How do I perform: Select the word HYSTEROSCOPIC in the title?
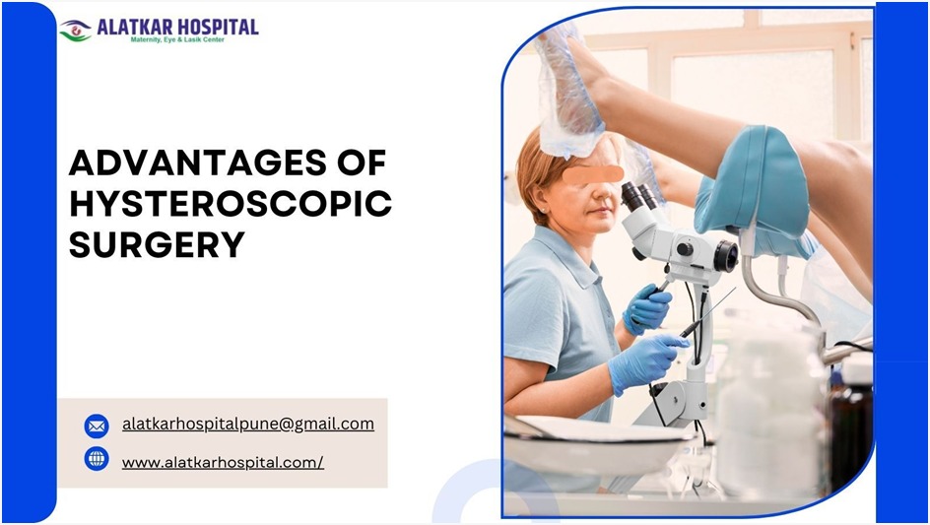[231, 204]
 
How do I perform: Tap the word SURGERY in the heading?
[157, 245]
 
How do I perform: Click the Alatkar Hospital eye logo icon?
[75, 31]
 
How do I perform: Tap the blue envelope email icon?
[97, 426]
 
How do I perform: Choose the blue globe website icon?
[97, 459]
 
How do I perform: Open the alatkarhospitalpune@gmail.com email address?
[247, 425]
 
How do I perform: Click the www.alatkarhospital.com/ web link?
[223, 461]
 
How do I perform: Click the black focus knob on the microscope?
[725, 257]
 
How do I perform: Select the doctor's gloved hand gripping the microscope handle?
[646, 307]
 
